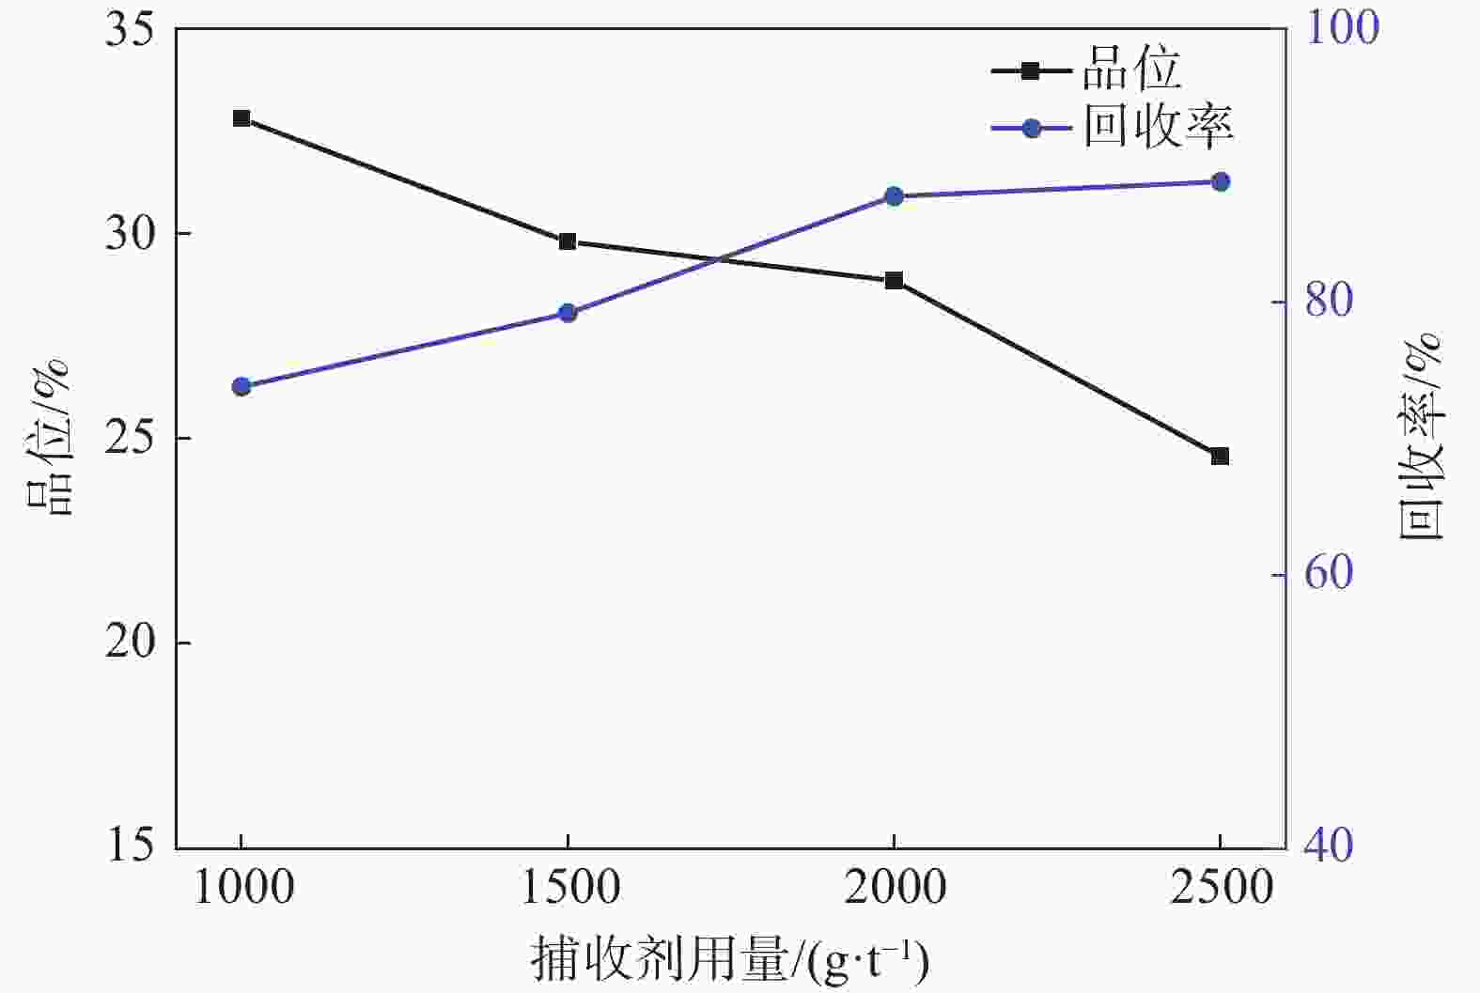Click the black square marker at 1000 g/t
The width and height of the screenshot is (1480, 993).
tap(241, 118)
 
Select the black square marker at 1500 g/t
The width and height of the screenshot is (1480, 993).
tap(568, 241)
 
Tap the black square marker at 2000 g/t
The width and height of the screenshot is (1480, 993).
tap(894, 280)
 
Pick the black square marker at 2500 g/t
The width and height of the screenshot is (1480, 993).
tap(1220, 456)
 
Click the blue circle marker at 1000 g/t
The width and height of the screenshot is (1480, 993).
tap(241, 386)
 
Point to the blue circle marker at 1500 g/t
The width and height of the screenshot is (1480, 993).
tap(568, 313)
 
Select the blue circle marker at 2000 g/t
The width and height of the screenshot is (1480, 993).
tap(894, 196)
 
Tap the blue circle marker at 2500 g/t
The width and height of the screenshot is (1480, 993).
tap(1220, 181)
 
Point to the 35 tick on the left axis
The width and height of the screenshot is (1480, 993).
tap(129, 29)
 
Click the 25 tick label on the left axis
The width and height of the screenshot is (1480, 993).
tap(129, 439)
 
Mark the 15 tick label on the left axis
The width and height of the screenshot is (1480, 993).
tap(129, 846)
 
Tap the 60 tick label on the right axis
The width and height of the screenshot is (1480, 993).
tap(1327, 575)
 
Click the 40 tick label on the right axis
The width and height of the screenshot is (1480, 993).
tap(1327, 846)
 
